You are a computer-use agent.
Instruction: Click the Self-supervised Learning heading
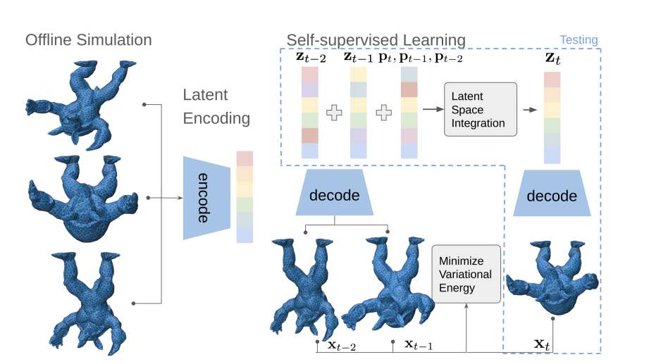click(x=376, y=39)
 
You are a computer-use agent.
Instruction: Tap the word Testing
click(x=579, y=40)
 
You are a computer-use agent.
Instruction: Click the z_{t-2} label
click(x=311, y=57)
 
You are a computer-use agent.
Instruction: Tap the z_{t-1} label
click(x=358, y=57)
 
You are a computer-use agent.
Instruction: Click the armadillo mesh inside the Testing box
click(x=554, y=279)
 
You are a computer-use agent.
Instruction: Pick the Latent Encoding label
click(x=216, y=106)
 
